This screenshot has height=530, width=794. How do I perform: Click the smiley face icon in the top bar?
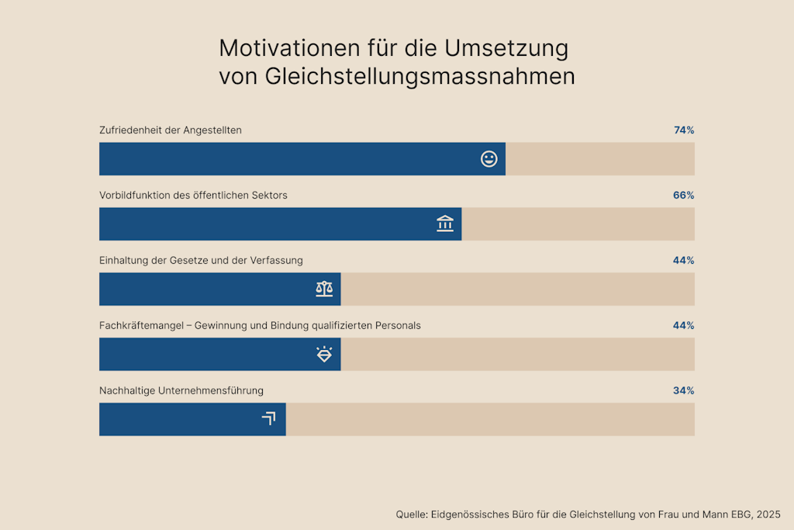point(489,159)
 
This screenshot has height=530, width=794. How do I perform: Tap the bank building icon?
point(445,224)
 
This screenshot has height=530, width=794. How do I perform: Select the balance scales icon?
point(324,289)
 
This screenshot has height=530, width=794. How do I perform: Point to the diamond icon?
point(324,354)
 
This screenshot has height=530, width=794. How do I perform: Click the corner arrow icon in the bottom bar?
point(269,419)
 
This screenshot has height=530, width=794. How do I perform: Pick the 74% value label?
point(684,130)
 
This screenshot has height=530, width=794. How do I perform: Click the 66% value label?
point(683,196)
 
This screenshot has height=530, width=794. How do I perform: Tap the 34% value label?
point(683,390)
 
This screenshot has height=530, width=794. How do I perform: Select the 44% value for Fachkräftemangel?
point(683,325)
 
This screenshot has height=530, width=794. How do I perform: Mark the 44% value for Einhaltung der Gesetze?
point(683,261)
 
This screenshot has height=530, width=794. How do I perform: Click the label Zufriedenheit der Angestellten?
point(171,130)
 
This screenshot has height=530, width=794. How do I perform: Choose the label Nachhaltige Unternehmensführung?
point(181,390)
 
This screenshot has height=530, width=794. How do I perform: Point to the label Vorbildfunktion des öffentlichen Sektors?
point(193,196)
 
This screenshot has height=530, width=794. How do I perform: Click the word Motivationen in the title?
point(290,48)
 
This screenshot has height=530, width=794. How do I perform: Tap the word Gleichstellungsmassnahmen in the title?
point(419,77)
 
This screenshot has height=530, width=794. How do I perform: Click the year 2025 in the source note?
point(768,514)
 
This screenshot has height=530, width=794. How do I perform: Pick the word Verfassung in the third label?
point(277,261)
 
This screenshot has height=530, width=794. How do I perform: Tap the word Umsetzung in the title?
point(506,48)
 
